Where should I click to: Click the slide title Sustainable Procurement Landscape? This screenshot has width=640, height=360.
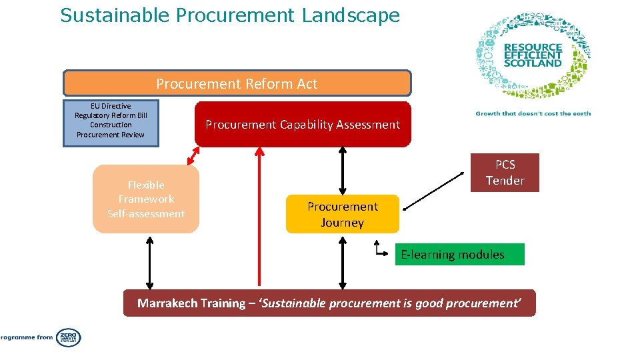pyautogui.click(x=230, y=15)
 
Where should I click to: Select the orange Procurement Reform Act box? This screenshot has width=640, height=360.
pyautogui.click(x=237, y=84)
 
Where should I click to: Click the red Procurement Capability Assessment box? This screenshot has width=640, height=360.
pyautogui.click(x=303, y=125)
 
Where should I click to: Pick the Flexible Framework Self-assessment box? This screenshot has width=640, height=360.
pyautogui.click(x=146, y=199)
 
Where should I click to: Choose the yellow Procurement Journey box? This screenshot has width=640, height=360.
pyautogui.click(x=342, y=214)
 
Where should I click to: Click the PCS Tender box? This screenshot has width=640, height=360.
pyautogui.click(x=505, y=173)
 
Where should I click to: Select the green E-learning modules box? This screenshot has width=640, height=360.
pyautogui.click(x=459, y=255)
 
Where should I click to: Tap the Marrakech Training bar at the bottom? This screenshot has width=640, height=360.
pyautogui.click(x=329, y=303)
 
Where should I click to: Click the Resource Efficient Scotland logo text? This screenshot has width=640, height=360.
pyautogui.click(x=533, y=55)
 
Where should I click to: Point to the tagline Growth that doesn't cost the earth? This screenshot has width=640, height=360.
pyautogui.click(x=533, y=113)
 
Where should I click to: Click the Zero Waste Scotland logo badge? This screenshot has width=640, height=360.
pyautogui.click(x=68, y=337)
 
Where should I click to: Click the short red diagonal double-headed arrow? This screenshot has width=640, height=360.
pyautogui.click(x=194, y=155)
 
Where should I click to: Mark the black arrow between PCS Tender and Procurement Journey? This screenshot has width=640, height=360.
pyautogui.click(x=434, y=191)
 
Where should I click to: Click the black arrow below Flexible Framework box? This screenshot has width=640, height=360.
pyautogui.click(x=150, y=261)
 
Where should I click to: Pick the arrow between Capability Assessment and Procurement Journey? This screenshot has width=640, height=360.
pyautogui.click(x=343, y=171)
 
